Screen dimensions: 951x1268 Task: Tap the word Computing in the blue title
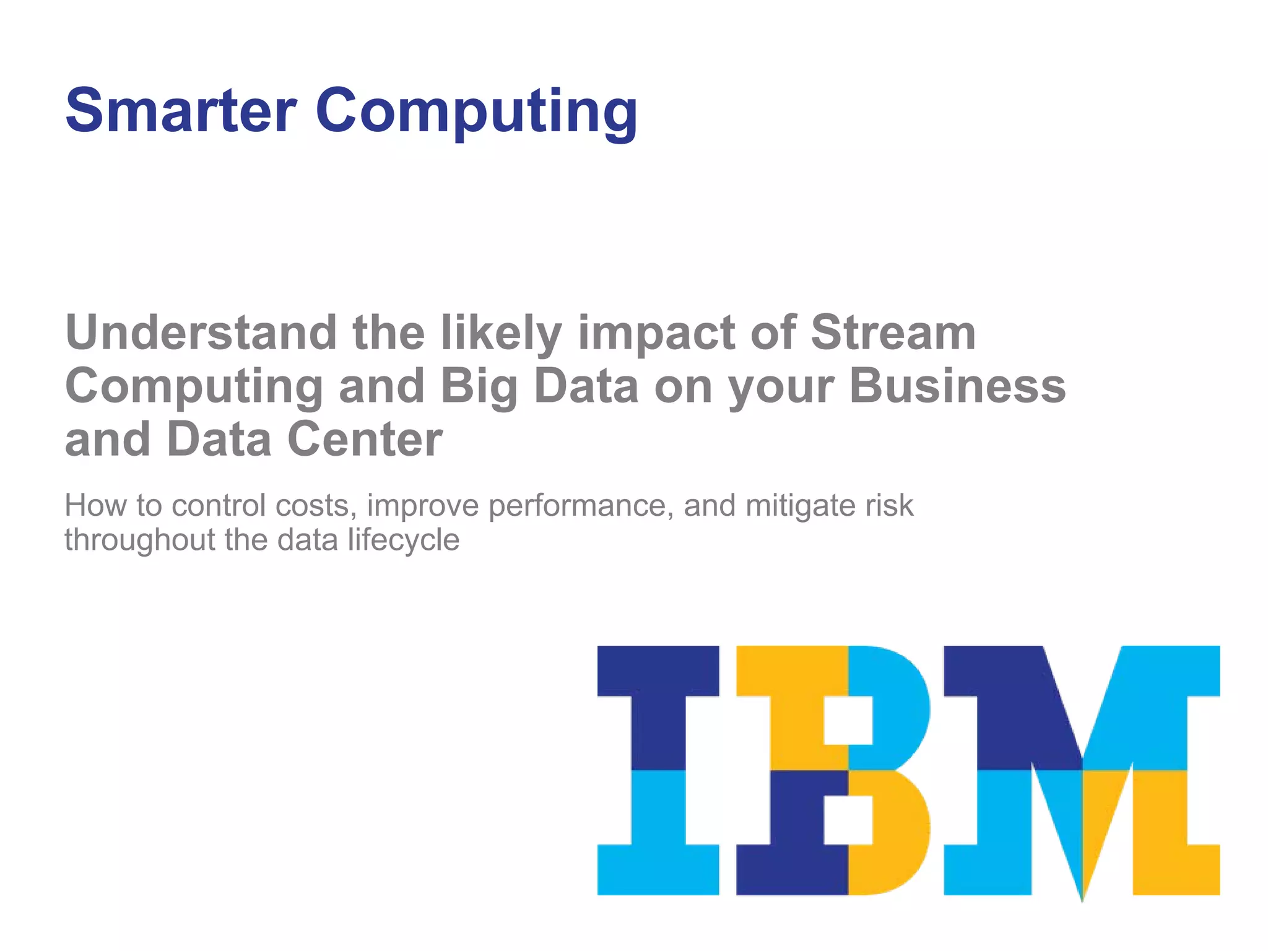[476, 113]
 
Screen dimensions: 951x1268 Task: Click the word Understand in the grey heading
[201, 332]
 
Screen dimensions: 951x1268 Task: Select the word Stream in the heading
[893, 332]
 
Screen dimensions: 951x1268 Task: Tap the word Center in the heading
[365, 439]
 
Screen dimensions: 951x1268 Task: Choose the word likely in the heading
[501, 334]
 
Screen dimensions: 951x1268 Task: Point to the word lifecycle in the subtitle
[403, 541]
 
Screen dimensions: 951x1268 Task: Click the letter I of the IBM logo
[658, 770]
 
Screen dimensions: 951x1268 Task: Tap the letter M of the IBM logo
[1082, 770]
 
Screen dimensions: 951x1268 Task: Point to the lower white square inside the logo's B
[848, 820]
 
